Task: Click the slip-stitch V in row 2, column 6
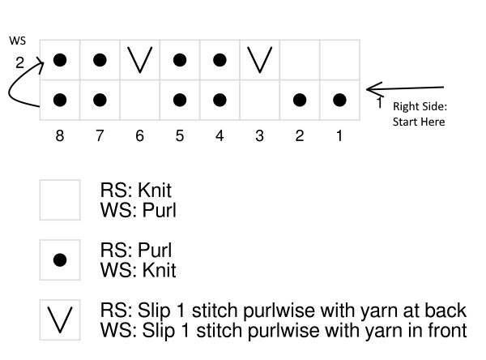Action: pos(139,60)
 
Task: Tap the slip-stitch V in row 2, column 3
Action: pos(259,60)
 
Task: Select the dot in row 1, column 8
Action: pos(60,101)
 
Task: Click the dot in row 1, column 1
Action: pos(339,101)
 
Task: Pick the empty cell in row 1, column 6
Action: pos(139,101)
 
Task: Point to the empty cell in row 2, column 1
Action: pos(339,60)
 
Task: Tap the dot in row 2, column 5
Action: pos(180,60)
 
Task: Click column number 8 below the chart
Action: pos(60,136)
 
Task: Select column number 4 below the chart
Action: pos(220,136)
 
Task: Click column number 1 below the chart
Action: pos(339,136)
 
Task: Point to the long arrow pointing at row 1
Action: pos(405,88)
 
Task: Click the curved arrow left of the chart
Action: pos(23,85)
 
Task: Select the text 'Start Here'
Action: pos(419,122)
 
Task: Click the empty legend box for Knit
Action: pos(60,200)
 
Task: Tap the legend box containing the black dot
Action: pos(60,260)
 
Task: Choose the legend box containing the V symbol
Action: pos(60,320)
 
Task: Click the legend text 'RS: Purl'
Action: pos(135,251)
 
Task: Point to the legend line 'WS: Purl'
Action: pos(138,211)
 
